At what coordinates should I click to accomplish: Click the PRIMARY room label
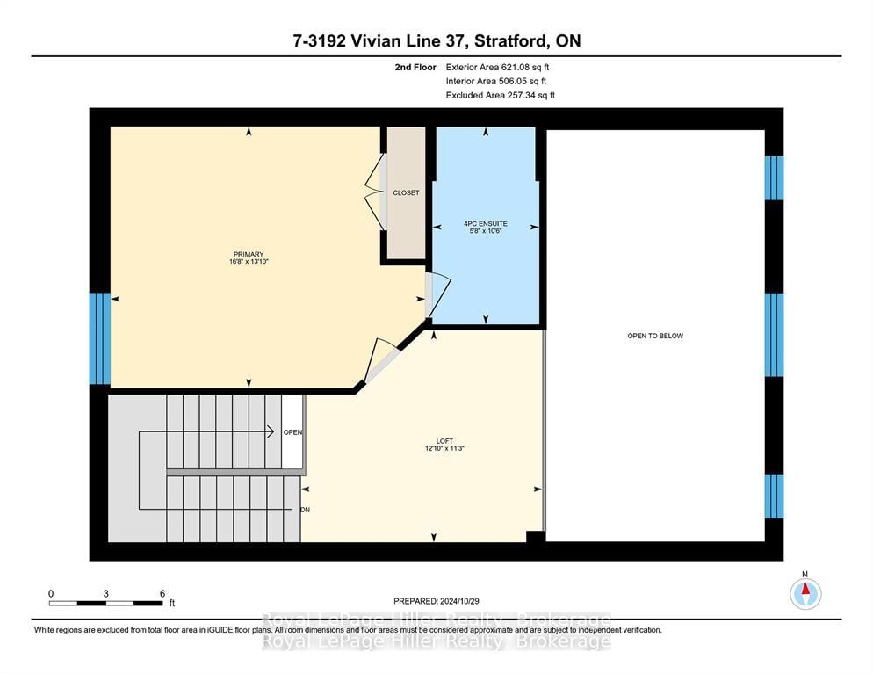(249, 254)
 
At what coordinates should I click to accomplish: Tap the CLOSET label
(406, 192)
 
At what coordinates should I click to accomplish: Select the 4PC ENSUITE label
(486, 223)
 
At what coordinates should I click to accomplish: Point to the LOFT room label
(444, 440)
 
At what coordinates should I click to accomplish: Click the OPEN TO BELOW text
(655, 336)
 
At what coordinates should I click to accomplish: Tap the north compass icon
(805, 593)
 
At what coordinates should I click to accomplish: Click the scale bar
(105, 603)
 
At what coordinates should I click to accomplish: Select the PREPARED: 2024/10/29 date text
(436, 601)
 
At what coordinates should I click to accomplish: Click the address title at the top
(436, 40)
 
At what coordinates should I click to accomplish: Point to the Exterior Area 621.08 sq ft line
(497, 67)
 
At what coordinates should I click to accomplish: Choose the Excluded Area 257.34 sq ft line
(500, 95)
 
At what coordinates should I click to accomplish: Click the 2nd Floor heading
(415, 67)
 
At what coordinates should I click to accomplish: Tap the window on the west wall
(100, 338)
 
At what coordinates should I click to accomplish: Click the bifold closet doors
(375, 192)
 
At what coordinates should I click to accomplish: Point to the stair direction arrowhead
(270, 431)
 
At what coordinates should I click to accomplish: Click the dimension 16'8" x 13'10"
(249, 261)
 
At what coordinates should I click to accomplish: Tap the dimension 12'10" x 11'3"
(444, 448)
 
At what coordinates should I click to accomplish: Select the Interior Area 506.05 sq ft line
(496, 82)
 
